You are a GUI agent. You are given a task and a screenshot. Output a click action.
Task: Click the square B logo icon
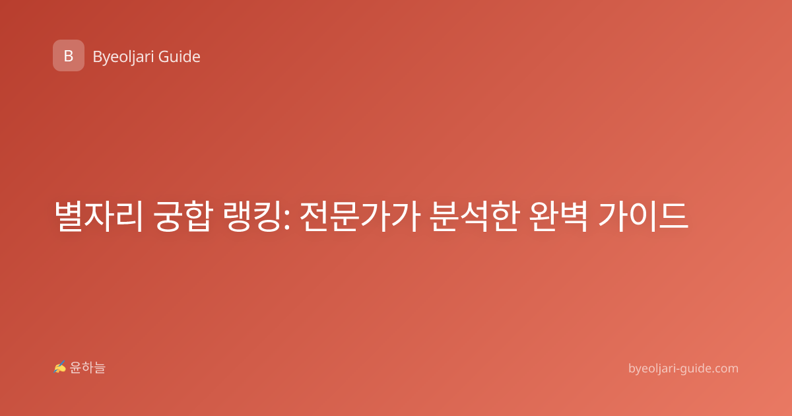tap(69, 55)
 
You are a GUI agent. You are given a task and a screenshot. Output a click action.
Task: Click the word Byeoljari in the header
tap(123, 57)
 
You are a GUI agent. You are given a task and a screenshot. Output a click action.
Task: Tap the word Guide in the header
tap(180, 57)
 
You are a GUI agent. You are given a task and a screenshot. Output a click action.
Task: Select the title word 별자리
tap(98, 216)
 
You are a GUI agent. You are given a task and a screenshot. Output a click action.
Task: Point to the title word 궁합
tap(183, 216)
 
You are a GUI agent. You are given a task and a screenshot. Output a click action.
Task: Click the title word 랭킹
tap(252, 216)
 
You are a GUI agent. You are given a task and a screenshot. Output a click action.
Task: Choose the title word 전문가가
tap(360, 216)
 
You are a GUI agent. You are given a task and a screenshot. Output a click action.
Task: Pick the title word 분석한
tap(475, 216)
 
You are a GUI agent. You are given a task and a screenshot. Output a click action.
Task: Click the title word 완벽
tap(558, 216)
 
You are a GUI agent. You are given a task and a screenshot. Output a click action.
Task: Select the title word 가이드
tap(643, 216)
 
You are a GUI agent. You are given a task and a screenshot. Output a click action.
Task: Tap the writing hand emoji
tap(60, 367)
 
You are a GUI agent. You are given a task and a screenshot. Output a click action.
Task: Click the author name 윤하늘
tap(87, 368)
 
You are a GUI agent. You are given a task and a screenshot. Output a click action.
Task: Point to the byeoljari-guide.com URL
tap(683, 368)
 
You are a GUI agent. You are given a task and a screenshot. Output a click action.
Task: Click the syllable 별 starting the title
tap(69, 216)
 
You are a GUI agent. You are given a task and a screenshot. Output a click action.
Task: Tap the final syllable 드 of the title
tap(674, 217)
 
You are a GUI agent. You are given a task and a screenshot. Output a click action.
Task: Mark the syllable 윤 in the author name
tap(76, 368)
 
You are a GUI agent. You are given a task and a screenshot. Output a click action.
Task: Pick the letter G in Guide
tap(164, 57)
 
